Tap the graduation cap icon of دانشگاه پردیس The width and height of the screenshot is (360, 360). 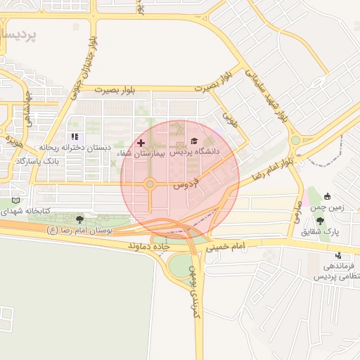(193, 141)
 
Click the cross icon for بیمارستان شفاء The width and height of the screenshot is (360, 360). (141, 143)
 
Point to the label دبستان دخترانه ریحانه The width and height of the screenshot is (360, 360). (75, 148)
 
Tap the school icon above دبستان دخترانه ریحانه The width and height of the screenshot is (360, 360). (75, 137)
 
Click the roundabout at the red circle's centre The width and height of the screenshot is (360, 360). (150, 184)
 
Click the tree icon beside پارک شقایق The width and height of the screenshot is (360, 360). (320, 221)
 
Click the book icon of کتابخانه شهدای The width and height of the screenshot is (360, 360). (6, 200)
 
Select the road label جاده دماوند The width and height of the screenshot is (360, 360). (150, 247)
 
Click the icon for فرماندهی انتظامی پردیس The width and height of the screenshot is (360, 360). (340, 255)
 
